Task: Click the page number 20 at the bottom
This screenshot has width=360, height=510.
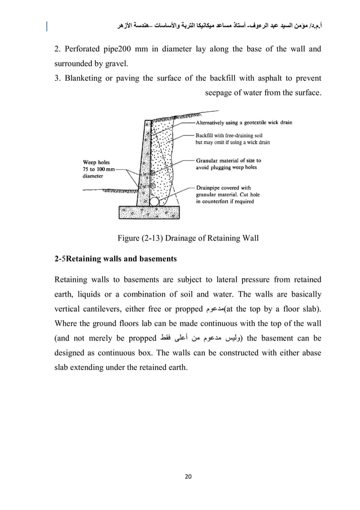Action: tap(180, 477)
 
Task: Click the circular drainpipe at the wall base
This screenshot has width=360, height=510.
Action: tap(153, 200)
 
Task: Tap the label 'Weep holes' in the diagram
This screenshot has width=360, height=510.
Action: tap(99, 162)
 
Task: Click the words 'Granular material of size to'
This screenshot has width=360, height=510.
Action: tap(228, 160)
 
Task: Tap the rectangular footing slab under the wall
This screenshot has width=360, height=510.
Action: tap(149, 212)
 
